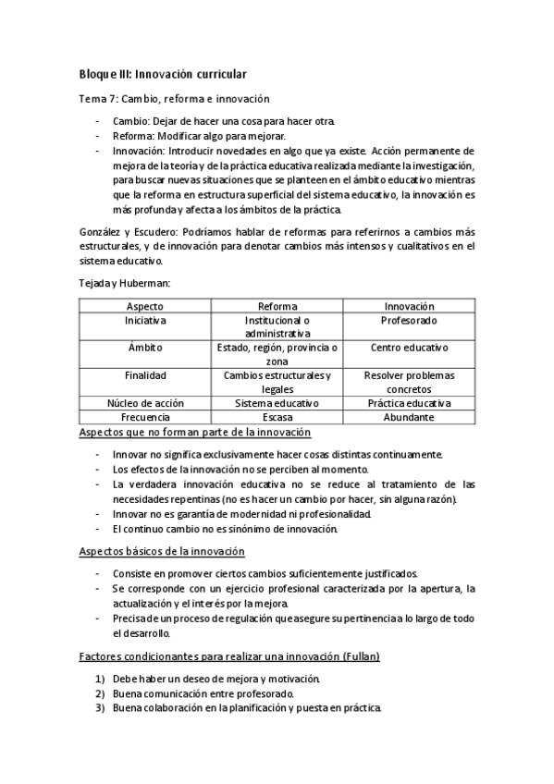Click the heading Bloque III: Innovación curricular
[x=162, y=73]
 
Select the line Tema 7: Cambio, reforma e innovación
[x=173, y=98]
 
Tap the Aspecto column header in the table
[x=144, y=306]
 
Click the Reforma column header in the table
[x=277, y=306]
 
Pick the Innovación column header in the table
[x=409, y=306]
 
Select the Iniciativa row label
[x=144, y=320]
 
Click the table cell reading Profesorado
[x=409, y=320]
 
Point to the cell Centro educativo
[x=409, y=348]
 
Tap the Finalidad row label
[x=144, y=375]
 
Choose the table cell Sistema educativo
[x=277, y=403]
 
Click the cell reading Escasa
[x=277, y=417]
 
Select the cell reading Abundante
[x=409, y=417]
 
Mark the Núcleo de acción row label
[x=144, y=403]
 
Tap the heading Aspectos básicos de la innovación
[x=161, y=551]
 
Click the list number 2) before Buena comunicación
[x=101, y=693]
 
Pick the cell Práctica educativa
[x=409, y=403]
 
